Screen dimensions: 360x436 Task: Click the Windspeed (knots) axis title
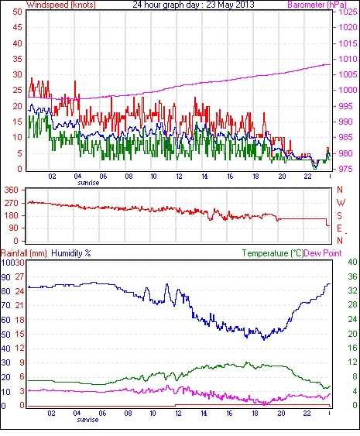(x=61, y=5)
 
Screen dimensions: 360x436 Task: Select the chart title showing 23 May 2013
(x=194, y=5)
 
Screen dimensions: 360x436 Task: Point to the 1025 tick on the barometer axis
(x=348, y=12)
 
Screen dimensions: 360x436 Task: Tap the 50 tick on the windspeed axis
(x=17, y=12)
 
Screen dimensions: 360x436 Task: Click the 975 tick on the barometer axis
(x=346, y=169)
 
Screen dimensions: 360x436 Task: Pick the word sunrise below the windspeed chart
(x=88, y=183)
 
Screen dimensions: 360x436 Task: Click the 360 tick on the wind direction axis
(x=12, y=190)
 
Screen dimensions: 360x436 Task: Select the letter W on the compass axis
(x=341, y=203)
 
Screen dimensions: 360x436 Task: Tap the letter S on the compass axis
(x=339, y=216)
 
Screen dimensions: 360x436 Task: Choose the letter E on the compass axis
(x=339, y=228)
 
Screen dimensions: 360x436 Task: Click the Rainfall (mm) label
(x=24, y=253)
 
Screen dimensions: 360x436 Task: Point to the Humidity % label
(x=71, y=253)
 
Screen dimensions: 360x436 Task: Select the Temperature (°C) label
(x=273, y=253)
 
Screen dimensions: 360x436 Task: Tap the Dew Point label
(x=323, y=253)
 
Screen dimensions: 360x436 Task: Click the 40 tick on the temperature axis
(x=352, y=262)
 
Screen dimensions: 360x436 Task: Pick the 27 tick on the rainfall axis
(x=19, y=276)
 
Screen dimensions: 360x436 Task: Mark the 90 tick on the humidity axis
(x=6, y=277)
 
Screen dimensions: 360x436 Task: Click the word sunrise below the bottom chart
(x=87, y=420)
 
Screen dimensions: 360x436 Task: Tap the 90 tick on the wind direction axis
(x=14, y=228)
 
